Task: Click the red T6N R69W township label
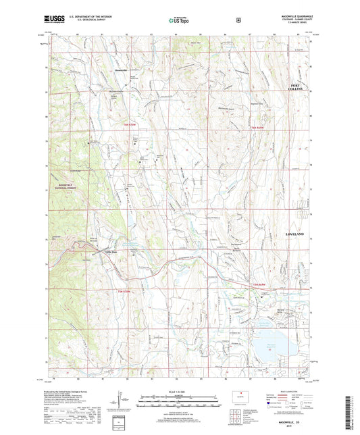[257, 127]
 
